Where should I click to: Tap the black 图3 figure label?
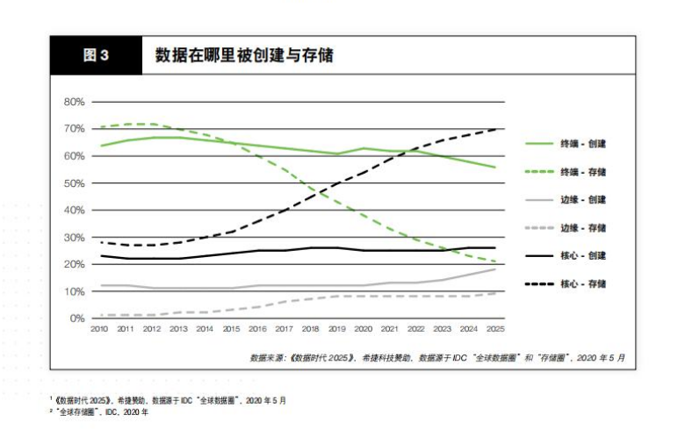tap(96, 55)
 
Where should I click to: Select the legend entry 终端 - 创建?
tap(583, 143)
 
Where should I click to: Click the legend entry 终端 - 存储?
tap(583, 171)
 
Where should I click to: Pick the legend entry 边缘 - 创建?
tap(583, 199)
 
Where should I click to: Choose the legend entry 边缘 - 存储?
tap(583, 227)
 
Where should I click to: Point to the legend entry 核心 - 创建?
tap(583, 255)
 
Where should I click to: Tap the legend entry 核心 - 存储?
tap(583, 283)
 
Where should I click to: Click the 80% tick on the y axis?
tap(75, 102)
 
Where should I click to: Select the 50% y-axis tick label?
tap(75, 183)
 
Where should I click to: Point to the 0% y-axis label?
tap(77, 318)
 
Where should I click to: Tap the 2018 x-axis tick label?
tap(310, 330)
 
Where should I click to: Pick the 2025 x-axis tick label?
tap(494, 330)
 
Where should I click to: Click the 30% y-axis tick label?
tap(75, 238)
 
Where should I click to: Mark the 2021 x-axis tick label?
tap(389, 330)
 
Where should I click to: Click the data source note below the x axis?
tap(436, 357)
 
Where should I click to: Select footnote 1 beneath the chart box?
tap(167, 400)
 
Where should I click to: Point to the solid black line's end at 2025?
tap(494, 248)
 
